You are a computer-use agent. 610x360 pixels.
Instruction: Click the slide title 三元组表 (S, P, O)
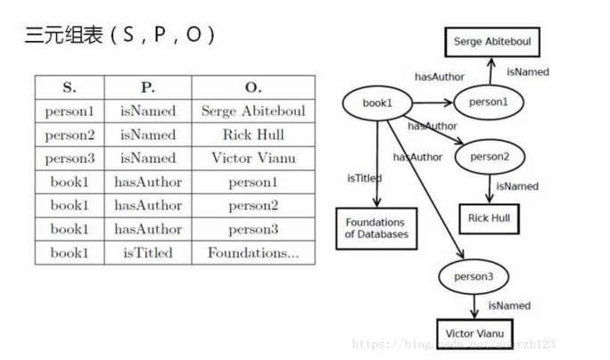pyautogui.click(x=120, y=37)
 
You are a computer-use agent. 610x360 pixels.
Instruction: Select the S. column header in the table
pyautogui.click(x=70, y=88)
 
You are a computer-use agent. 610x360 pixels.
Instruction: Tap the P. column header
pyautogui.click(x=148, y=88)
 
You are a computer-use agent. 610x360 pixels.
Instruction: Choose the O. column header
pyautogui.click(x=253, y=88)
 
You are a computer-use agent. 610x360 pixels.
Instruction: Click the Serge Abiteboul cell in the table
pyautogui.click(x=253, y=111)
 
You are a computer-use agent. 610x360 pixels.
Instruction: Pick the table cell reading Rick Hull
pyautogui.click(x=253, y=135)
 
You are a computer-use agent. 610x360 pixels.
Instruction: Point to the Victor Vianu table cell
pyautogui.click(x=253, y=159)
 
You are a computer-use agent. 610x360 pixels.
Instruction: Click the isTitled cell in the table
pyautogui.click(x=148, y=252)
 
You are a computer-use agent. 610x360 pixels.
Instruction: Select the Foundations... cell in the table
pyautogui.click(x=253, y=252)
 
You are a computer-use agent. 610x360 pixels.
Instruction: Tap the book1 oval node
pyautogui.click(x=377, y=103)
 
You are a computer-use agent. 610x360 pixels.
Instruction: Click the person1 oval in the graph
pyautogui.click(x=488, y=102)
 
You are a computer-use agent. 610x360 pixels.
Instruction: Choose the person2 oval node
pyautogui.click(x=489, y=157)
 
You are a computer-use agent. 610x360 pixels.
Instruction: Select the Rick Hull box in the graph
pyautogui.click(x=489, y=217)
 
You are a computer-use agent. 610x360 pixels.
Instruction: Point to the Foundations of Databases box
pyautogui.click(x=375, y=228)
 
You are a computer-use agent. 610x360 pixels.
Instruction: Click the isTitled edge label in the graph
pyautogui.click(x=364, y=178)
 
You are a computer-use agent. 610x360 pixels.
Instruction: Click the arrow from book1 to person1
pyautogui.click(x=433, y=102)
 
